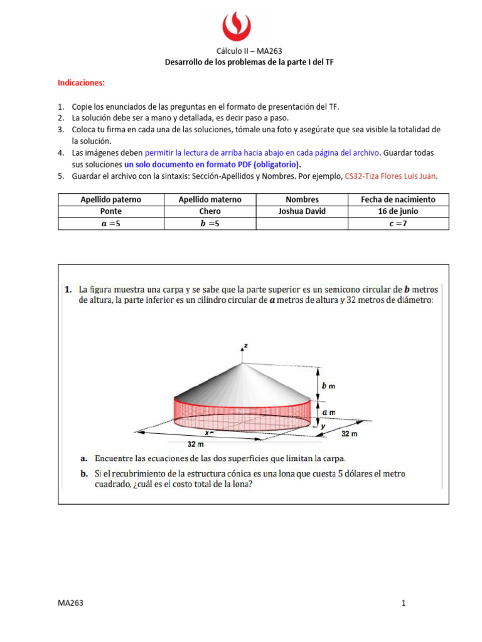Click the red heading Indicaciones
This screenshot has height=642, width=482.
pos(82,83)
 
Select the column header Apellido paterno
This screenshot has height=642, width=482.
pos(110,199)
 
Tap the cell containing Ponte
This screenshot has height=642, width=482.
pos(110,211)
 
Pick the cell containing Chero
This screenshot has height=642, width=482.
pos(210,211)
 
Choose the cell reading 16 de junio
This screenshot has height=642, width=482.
pos(398,211)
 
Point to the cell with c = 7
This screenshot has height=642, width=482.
pos(398,223)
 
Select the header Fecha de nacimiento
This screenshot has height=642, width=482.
pos(398,199)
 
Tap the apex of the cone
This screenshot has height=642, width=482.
pos(242,363)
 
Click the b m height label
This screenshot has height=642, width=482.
pos(328,386)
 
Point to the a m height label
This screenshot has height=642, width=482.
pos(328,412)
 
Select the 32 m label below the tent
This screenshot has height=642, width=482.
pos(196,444)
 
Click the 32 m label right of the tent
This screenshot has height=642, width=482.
pos(350,433)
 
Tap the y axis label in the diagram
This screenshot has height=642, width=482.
pos(323,426)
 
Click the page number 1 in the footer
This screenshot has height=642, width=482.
pos(404,603)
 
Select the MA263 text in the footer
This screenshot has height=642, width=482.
pos(70,603)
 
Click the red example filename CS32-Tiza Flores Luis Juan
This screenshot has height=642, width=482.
pos(390,177)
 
